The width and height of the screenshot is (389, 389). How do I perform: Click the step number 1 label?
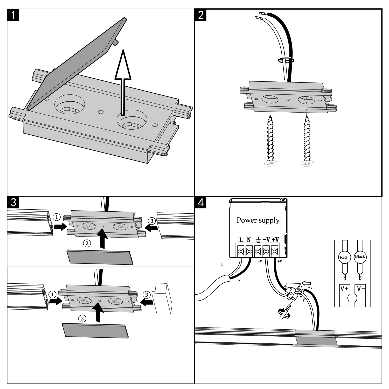point(13,15)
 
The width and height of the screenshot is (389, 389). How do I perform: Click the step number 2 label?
point(201,15)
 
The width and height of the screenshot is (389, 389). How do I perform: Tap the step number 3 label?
point(13,202)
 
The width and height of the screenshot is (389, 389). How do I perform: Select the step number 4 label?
point(201,202)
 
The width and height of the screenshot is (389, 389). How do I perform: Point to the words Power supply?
point(258,220)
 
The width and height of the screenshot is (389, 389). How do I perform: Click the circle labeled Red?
point(343,257)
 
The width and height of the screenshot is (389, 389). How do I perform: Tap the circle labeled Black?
point(360,256)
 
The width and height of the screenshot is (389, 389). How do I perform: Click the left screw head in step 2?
point(270,163)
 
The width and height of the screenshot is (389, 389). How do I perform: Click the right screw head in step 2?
point(307,163)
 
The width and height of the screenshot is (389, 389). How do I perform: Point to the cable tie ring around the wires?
point(286,60)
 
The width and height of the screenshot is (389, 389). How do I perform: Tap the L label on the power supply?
point(241,240)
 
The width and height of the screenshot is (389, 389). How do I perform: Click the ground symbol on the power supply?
point(258,240)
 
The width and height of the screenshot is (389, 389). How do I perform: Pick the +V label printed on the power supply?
point(275,240)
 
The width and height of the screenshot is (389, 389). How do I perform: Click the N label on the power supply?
point(249,240)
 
